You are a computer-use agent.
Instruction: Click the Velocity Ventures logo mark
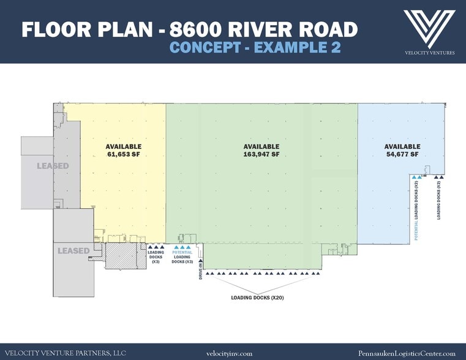[429, 27]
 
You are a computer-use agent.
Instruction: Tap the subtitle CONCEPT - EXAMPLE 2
[255, 48]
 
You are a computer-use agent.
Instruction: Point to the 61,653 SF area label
[123, 154]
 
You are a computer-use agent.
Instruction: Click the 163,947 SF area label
[261, 154]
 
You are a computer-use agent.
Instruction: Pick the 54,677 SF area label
[402, 154]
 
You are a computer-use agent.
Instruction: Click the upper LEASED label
[52, 166]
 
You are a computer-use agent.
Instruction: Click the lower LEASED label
[73, 250]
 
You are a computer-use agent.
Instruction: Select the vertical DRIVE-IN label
[200, 271]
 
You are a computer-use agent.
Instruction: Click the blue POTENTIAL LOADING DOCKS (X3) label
[182, 257]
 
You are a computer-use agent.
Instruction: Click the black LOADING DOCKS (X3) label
[156, 257]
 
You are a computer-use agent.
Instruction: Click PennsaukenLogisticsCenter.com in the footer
[407, 353]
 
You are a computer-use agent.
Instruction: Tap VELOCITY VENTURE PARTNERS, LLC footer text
[65, 353]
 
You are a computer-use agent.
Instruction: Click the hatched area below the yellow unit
[124, 256]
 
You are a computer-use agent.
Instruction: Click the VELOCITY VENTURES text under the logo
[429, 53]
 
